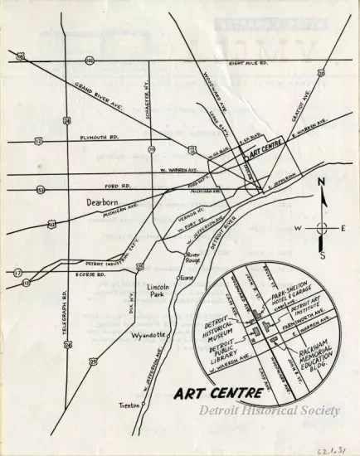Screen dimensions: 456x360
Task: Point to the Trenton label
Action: (128, 405)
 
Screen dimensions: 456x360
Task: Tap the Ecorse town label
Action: (187, 278)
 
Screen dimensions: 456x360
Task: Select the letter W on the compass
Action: (296, 227)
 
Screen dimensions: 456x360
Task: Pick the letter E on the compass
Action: (343, 227)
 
